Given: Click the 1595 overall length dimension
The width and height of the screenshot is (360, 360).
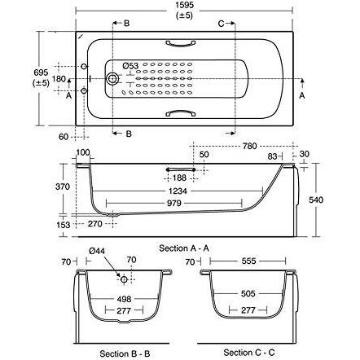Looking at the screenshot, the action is (x=184, y=5).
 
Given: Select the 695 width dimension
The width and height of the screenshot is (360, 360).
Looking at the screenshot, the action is (x=41, y=72).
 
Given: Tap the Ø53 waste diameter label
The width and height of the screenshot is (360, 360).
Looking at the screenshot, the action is (x=130, y=66).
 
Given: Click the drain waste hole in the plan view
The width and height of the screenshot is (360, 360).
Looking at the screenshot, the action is (x=112, y=79).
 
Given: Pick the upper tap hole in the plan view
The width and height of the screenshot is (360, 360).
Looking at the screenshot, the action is (x=84, y=67).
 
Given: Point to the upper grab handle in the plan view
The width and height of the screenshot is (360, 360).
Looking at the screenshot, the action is (x=180, y=43).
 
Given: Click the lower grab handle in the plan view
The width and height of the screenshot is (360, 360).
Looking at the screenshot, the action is (x=180, y=112).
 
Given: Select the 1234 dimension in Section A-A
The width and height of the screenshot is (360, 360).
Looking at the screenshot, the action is (x=178, y=191).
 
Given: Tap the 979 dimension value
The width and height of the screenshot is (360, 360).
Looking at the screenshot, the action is (x=173, y=203).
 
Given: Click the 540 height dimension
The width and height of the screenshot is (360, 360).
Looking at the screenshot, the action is (x=316, y=200).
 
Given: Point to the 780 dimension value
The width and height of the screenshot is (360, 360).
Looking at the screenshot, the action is (x=249, y=146).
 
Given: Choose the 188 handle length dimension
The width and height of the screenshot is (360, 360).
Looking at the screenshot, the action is (x=179, y=178).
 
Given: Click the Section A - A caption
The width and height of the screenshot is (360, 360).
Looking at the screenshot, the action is (x=184, y=248).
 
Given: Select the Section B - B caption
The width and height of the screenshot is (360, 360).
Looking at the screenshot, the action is (x=125, y=353).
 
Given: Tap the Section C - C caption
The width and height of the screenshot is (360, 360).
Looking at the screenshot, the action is (x=249, y=353).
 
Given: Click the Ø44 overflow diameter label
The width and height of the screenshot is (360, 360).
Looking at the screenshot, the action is (x=97, y=251).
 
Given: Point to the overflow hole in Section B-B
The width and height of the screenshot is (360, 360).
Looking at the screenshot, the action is (x=124, y=279).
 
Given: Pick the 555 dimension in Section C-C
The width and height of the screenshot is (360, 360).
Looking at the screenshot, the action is (x=248, y=261).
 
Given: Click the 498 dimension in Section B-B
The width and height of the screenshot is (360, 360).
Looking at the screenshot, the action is (x=124, y=299).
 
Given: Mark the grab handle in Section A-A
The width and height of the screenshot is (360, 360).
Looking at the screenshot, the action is (x=181, y=169).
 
